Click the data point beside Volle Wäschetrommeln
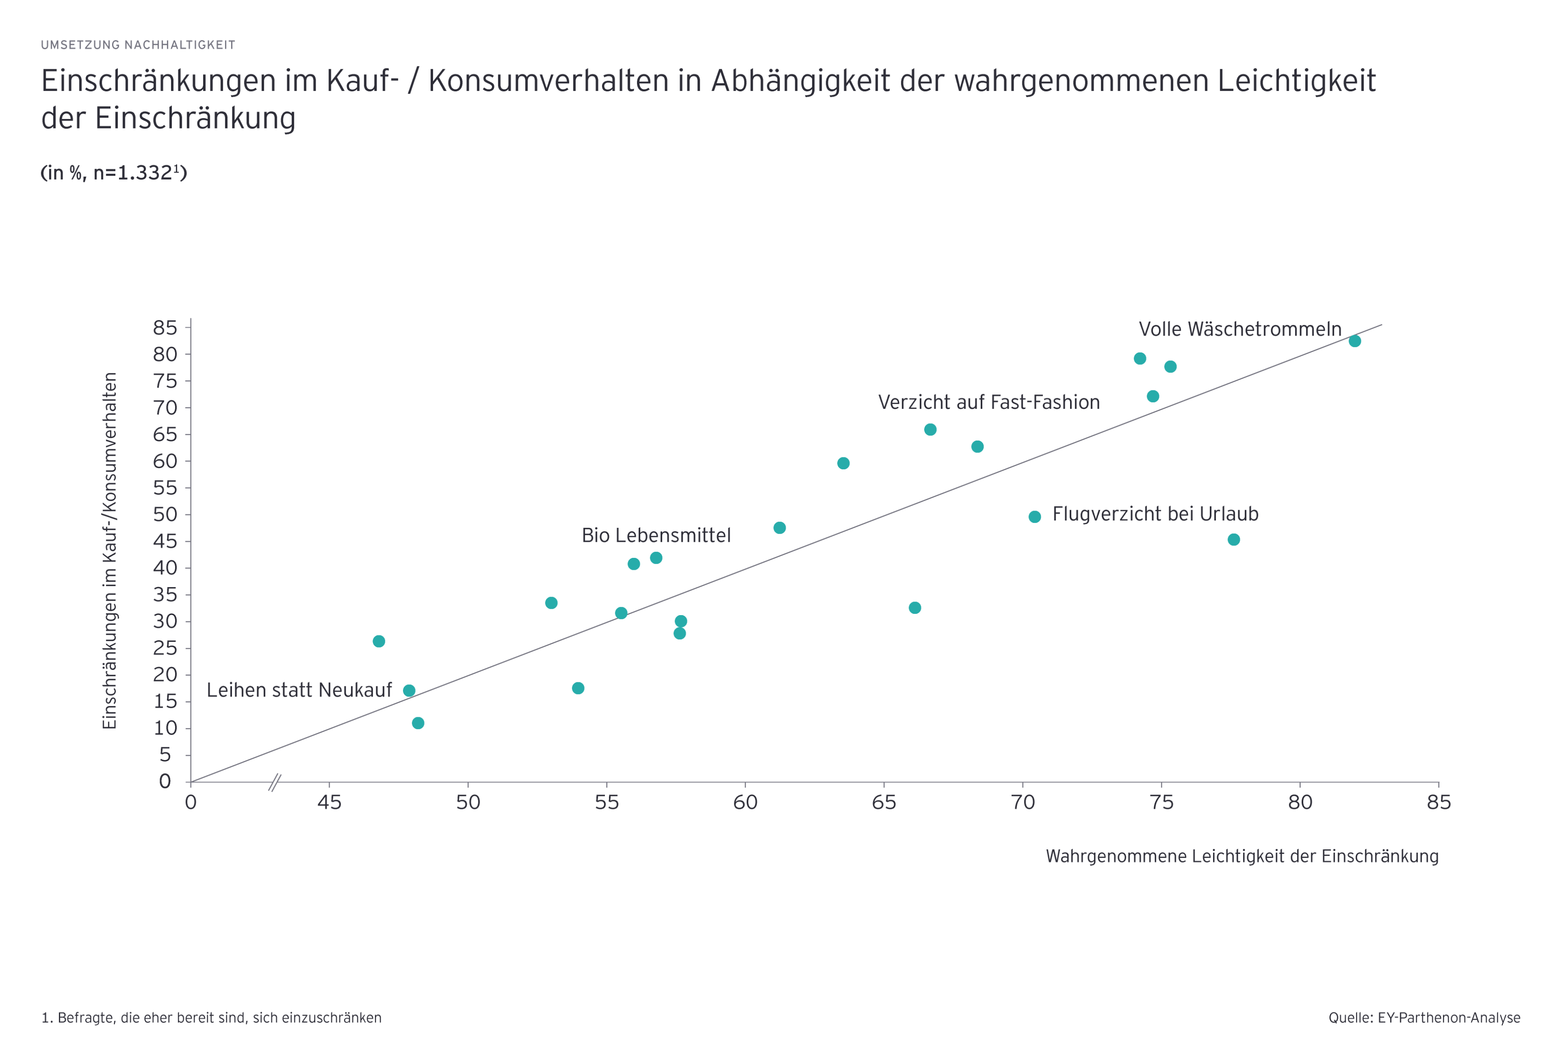(1354, 341)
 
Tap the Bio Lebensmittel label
(656, 535)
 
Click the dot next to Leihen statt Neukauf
(409, 690)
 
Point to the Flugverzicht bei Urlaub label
(1155, 514)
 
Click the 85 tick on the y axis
(165, 327)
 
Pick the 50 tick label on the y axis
(165, 515)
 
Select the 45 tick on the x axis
(329, 802)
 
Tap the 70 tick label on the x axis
(1022, 802)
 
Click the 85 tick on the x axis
(1438, 802)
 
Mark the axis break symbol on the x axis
(274, 782)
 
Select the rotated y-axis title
(110, 550)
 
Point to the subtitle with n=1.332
(113, 173)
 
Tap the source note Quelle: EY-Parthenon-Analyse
(1424, 1018)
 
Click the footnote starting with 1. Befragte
(211, 1018)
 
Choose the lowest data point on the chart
(417, 723)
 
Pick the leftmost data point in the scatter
(379, 641)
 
